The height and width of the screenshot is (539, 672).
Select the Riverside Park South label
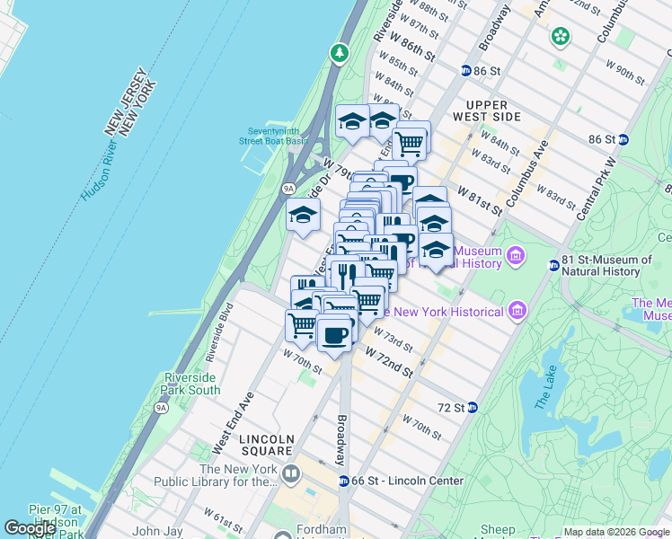coord(191,384)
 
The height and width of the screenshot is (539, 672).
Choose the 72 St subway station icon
coord(473,407)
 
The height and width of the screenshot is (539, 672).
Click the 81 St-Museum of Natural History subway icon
coord(554,265)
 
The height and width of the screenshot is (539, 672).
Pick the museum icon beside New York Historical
coord(516,312)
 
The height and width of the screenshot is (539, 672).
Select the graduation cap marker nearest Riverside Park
coord(304,215)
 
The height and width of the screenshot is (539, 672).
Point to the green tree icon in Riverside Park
coord(340,54)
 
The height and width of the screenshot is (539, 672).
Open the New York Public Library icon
coord(291,473)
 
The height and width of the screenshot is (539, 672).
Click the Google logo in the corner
coord(30,528)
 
